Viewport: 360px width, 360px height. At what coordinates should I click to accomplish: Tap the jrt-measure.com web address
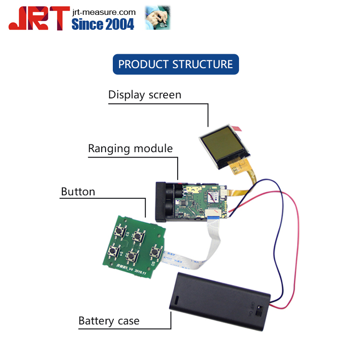pyautogui.click(x=103, y=12)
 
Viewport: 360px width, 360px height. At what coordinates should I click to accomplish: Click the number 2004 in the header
pyautogui.click(x=117, y=24)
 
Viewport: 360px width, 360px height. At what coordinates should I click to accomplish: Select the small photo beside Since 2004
pyautogui.click(x=158, y=18)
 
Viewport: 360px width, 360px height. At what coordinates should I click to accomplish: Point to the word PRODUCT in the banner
pyautogui.click(x=144, y=64)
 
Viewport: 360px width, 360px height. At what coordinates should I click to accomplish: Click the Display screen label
pyautogui.click(x=144, y=95)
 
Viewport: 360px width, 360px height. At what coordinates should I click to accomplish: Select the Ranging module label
pyautogui.click(x=130, y=148)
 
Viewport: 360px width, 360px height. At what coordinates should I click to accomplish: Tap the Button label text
pyautogui.click(x=78, y=192)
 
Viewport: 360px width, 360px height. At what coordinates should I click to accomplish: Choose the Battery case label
pyautogui.click(x=109, y=321)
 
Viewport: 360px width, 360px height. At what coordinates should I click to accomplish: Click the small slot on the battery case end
pyautogui.click(x=176, y=301)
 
